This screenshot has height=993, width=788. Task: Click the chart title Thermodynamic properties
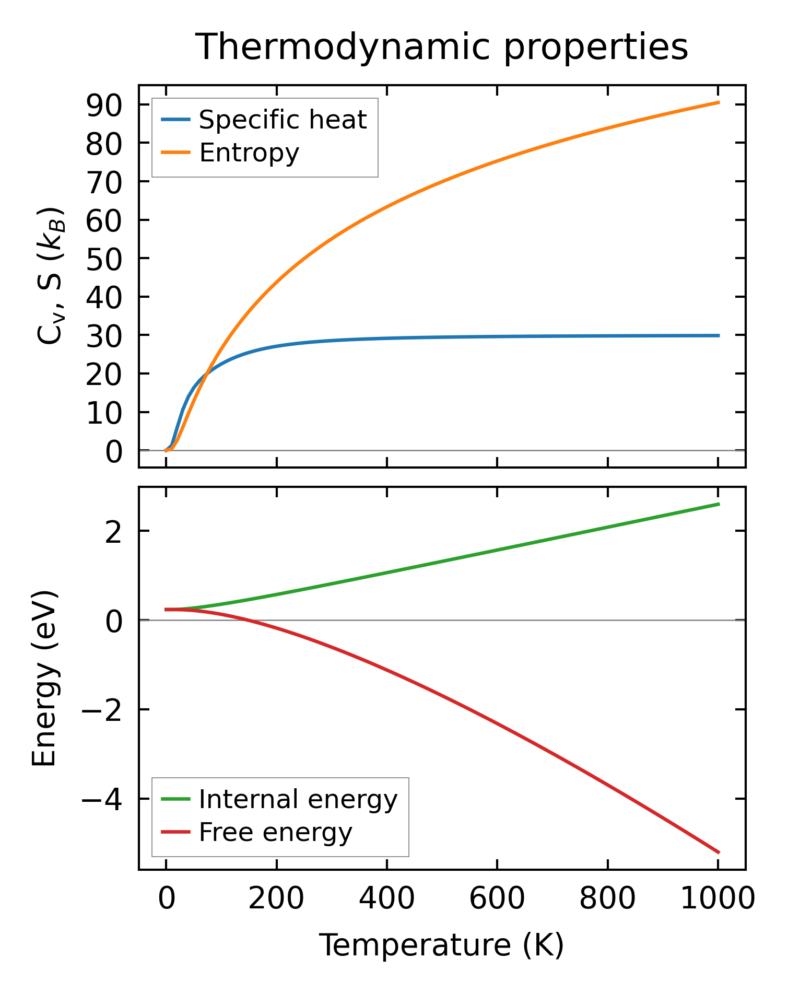pos(442,47)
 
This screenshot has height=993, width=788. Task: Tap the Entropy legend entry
pos(249,153)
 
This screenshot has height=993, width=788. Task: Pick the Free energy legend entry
pos(275,832)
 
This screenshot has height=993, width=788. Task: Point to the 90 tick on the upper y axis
pos(104,105)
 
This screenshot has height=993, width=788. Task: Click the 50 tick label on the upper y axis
pos(104,259)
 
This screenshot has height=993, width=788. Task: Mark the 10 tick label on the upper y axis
pos(104,412)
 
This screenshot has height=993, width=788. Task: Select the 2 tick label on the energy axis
pos(113,531)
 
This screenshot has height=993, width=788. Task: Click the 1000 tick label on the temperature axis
pos(718,899)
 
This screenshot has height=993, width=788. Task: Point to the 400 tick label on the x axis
pos(387,899)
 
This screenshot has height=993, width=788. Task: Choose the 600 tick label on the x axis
pos(497,899)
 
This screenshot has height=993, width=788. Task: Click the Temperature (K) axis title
pos(442,945)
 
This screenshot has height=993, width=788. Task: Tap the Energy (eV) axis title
pos(44,678)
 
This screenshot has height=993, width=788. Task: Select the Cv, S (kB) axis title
pos(51,276)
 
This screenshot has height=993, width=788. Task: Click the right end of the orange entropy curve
pos(719,102)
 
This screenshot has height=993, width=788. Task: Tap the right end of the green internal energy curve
pos(719,504)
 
